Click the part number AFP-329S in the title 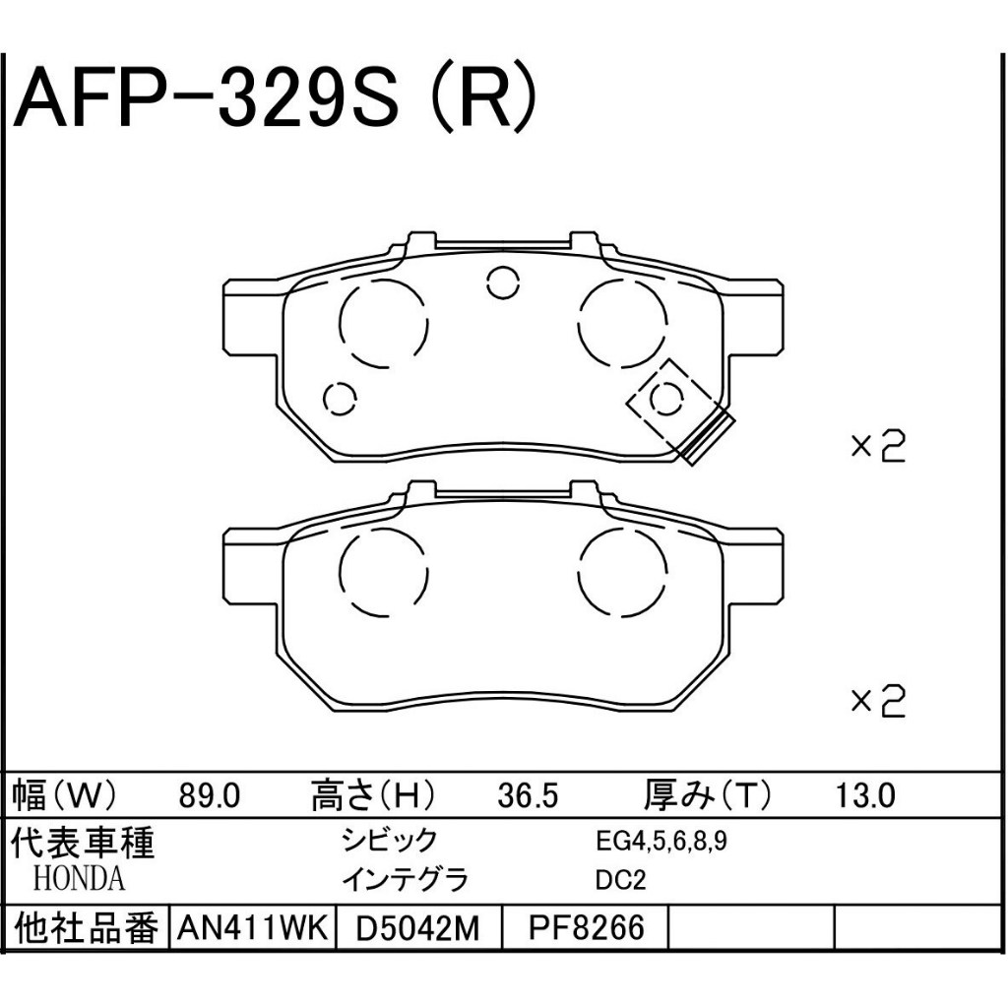click(x=206, y=97)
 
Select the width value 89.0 click(x=209, y=796)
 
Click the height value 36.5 click(x=528, y=796)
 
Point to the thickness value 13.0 click(x=864, y=796)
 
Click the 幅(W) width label click(x=64, y=795)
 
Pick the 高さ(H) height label click(x=373, y=795)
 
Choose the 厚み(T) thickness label click(x=707, y=795)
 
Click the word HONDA click(x=79, y=878)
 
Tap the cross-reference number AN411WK click(x=253, y=927)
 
